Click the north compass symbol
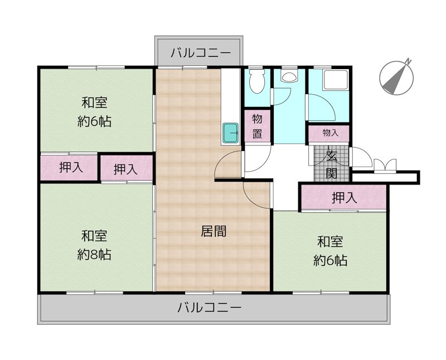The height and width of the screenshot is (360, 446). [x=396, y=77]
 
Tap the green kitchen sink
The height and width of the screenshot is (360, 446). [x=230, y=133]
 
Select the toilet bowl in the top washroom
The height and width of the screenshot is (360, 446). [x=257, y=81]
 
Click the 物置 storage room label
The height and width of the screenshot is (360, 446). [x=258, y=126]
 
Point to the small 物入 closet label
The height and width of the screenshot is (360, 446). [x=330, y=133]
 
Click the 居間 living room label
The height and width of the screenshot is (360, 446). [x=214, y=231]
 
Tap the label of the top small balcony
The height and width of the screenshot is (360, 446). [x=201, y=53]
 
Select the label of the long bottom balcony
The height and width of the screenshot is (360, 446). [x=210, y=308]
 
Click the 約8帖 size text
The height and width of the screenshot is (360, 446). [x=94, y=255]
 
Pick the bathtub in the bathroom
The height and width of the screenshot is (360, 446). [x=336, y=80]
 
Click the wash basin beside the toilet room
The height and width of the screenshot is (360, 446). [x=289, y=76]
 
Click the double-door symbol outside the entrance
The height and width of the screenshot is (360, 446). [x=385, y=165]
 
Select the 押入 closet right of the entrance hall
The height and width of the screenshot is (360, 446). [x=343, y=198]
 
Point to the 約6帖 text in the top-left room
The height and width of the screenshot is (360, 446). [x=94, y=121]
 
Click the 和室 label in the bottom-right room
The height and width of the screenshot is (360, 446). [x=330, y=242]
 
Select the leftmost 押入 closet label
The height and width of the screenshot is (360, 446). [x=71, y=167]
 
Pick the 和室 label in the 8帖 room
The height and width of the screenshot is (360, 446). [x=94, y=236]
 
